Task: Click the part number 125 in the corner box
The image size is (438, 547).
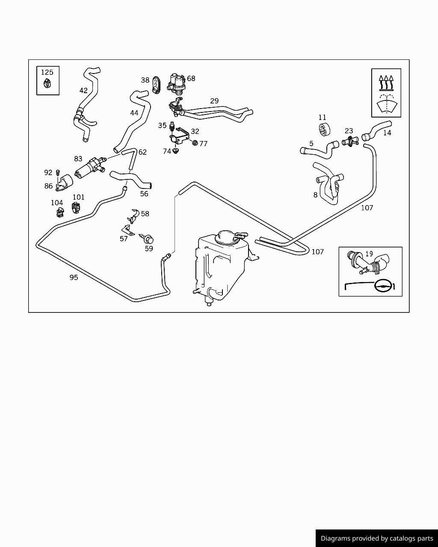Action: point(47,72)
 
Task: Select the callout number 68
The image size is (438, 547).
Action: point(191,78)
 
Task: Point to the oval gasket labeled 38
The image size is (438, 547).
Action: point(156,84)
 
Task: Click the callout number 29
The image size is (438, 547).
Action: point(214,101)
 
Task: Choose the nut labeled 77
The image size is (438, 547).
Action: point(195,143)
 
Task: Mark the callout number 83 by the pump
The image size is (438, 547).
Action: point(78,159)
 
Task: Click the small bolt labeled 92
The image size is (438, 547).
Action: point(58,173)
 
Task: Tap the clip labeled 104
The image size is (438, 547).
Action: point(60,211)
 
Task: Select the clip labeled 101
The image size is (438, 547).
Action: point(76,208)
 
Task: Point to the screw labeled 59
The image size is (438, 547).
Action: point(148,239)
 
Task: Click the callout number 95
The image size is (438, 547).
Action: point(74,277)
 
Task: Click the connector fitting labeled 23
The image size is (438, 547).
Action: point(349,141)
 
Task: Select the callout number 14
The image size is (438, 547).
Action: point(387,133)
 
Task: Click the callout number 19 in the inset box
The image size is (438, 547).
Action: point(369,254)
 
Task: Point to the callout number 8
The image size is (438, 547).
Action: point(316,195)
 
